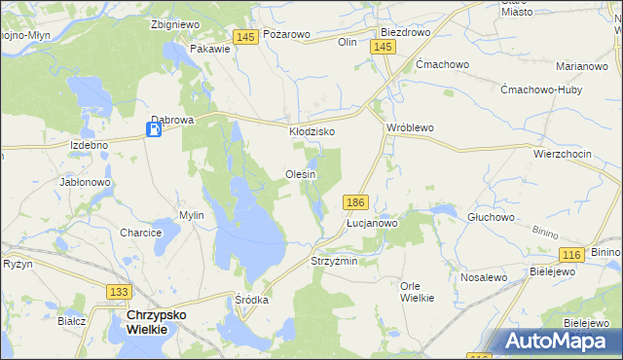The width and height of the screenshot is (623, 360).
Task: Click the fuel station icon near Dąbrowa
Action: pos(154,129)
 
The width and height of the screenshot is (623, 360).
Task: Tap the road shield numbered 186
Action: pos(355,202)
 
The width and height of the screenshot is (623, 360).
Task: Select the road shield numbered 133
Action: pos(119,292)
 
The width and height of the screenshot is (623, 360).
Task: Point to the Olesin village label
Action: pos(300,174)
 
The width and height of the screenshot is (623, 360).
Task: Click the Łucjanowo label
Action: pos(373,223)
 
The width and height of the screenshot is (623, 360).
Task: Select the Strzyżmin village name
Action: pos(334,262)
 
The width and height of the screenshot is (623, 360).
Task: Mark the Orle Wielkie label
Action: pos(418,292)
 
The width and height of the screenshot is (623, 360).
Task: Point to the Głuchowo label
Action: pos(491,217)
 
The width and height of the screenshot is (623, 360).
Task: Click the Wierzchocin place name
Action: pos(563,154)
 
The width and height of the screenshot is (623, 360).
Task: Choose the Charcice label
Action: pos(140,234)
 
